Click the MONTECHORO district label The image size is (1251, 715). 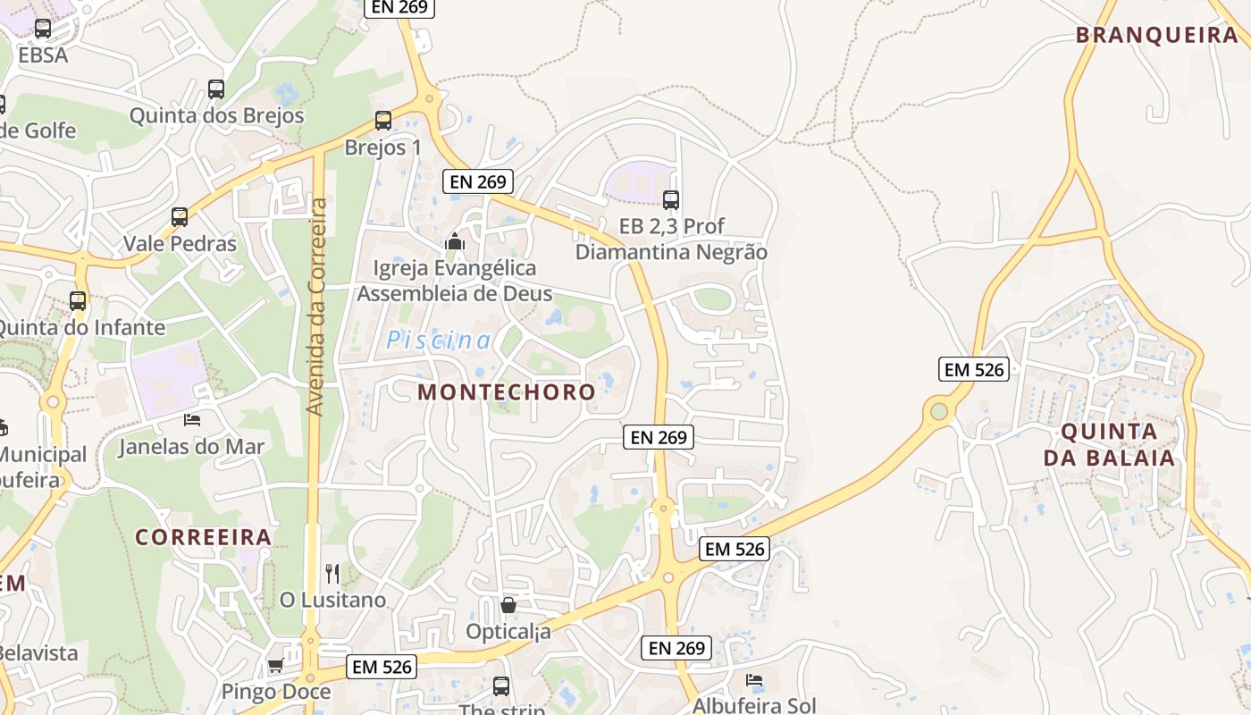(x=506, y=391)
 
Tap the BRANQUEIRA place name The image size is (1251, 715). (x=1156, y=36)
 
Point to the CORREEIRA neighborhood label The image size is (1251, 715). (x=203, y=537)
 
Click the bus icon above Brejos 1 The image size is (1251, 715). (x=383, y=121)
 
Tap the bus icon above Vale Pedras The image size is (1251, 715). (x=180, y=217)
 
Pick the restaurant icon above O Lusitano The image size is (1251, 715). (x=332, y=573)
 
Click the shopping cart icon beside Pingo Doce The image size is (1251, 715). (x=275, y=666)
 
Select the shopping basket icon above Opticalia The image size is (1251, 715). (x=508, y=605)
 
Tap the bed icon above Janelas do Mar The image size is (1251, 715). (x=192, y=419)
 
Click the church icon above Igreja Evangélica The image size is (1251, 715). (x=454, y=241)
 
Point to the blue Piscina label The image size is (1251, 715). (x=439, y=341)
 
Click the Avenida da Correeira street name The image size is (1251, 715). (x=316, y=307)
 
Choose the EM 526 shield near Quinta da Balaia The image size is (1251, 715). (x=973, y=368)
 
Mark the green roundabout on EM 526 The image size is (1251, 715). (x=939, y=411)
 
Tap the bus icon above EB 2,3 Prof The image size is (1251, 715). (x=671, y=200)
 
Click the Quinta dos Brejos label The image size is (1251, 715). (x=216, y=115)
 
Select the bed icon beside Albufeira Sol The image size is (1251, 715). (x=754, y=680)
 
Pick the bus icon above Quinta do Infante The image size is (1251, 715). (x=78, y=301)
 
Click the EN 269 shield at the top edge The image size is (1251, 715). (x=399, y=7)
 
